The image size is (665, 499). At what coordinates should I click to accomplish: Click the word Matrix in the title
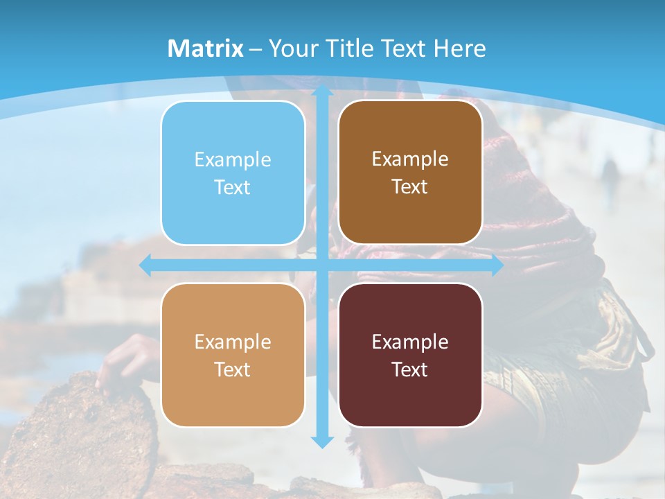click(206, 49)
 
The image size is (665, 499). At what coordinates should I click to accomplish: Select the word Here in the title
click(460, 49)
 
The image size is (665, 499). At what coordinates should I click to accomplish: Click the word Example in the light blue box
click(233, 160)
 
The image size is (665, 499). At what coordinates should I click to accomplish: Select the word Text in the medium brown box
click(410, 187)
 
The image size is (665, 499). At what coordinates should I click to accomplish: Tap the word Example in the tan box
click(233, 342)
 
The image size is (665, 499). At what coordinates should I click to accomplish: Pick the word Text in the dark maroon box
click(410, 370)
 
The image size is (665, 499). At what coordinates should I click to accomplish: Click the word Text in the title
click(402, 49)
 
